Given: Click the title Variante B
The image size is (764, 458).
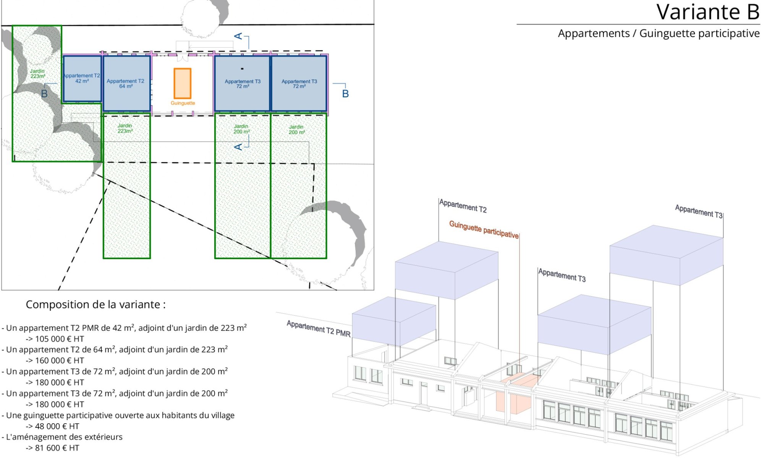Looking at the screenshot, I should pos(708,12).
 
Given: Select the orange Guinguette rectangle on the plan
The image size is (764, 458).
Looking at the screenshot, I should pos(182,84).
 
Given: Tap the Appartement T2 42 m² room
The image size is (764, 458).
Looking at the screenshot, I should pos(82,79).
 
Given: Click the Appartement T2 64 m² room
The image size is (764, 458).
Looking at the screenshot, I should pos(126,84).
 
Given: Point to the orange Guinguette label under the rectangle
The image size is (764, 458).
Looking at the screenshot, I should pos(183,103).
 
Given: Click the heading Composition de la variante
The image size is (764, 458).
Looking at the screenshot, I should pos(95,305).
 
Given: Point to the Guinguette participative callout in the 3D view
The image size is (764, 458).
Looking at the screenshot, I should pos(484,229).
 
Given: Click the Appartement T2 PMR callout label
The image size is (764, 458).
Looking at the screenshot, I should pos(318,329).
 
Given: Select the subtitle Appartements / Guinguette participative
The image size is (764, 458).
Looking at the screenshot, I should pos(659,34).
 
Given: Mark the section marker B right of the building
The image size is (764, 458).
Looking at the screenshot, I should pos(345,94).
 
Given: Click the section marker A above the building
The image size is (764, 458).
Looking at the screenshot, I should pos(238,36).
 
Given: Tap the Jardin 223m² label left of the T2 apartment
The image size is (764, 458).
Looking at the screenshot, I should pos(37,74).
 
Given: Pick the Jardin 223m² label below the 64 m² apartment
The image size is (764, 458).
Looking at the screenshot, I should pos(125,128).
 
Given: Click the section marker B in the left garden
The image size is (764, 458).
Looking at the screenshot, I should pos(44,94).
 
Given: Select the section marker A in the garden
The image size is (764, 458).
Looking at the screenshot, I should pos(238,147).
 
